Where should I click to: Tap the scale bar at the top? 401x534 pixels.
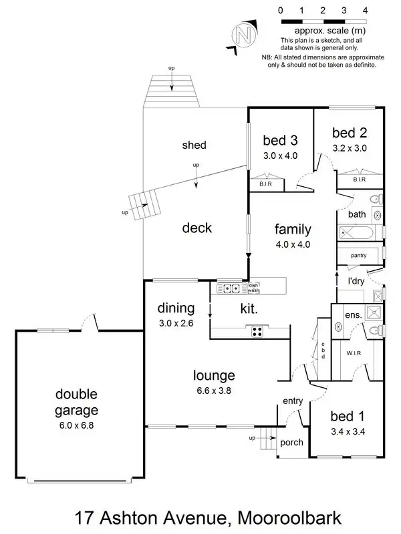[322, 21]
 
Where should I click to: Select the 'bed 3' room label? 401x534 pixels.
[279, 140]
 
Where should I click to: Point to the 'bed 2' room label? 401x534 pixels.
[350, 132]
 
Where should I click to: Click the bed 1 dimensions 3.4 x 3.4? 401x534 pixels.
[347, 431]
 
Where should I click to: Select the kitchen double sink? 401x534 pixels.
[231, 289]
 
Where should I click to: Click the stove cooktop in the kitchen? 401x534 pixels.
[257, 331]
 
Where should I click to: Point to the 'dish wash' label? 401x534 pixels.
[254, 288]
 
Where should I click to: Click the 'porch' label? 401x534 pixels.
[292, 443]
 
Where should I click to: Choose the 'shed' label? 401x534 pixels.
[194, 145]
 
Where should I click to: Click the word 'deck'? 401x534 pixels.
[196, 228]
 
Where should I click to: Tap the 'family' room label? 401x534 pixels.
[293, 230]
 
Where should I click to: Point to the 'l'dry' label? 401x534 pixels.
[356, 281]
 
